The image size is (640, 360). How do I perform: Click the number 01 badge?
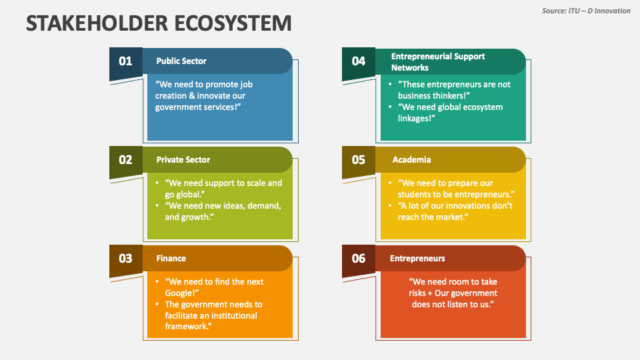tap(125, 61)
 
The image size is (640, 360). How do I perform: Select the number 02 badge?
tap(125, 160)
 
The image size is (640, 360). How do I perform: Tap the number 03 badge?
tap(125, 259)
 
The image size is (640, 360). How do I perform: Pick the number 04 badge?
tap(359, 61)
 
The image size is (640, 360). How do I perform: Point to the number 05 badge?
tap(359, 160)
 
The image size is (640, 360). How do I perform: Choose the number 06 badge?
tap(359, 259)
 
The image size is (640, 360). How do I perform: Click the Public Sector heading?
tap(181, 61)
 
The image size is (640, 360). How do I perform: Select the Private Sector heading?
tap(183, 160)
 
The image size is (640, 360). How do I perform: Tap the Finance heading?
tap(171, 259)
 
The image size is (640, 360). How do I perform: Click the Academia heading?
tap(411, 160)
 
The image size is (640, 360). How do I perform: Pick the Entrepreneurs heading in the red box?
tap(417, 259)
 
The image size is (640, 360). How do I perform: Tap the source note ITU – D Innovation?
tap(585, 11)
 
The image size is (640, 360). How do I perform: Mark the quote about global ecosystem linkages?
tap(450, 113)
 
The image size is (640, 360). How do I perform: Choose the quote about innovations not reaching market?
tap(455, 211)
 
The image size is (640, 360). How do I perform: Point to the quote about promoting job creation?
tap(203, 95)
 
